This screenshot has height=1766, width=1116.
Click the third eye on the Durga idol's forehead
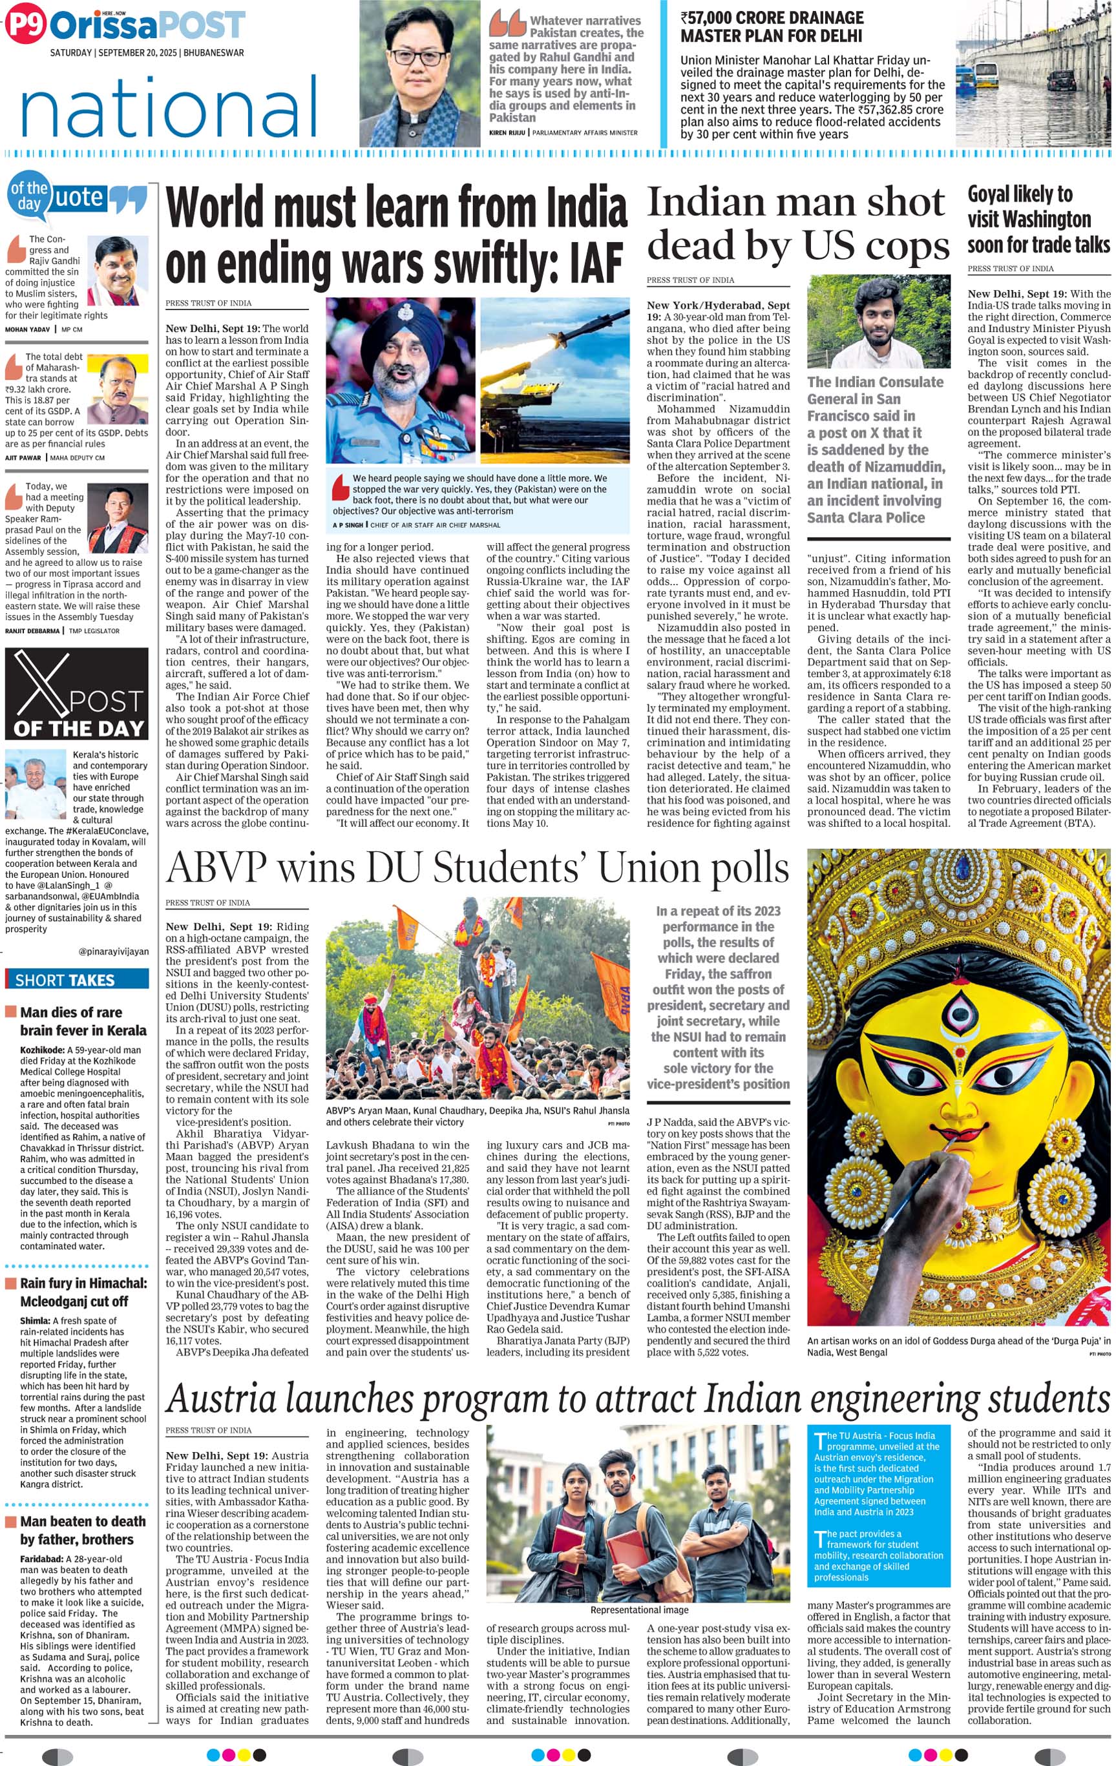click(958, 1013)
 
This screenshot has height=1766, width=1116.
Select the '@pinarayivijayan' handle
click(113, 951)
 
